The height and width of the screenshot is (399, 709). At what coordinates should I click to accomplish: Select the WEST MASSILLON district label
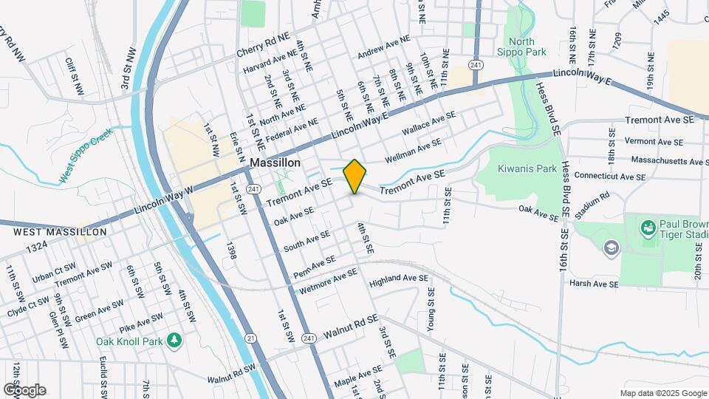49,231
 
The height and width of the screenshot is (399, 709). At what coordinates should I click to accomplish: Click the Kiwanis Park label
527,168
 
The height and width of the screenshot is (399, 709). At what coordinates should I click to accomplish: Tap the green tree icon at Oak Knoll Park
175,341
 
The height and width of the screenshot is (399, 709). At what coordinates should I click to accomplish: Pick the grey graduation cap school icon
611,247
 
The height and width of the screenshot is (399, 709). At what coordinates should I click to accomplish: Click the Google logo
24,389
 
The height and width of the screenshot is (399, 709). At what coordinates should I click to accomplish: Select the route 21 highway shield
251,338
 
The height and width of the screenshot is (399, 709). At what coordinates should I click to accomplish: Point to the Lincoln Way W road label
163,202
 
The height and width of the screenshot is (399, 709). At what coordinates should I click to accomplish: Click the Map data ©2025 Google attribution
663,393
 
